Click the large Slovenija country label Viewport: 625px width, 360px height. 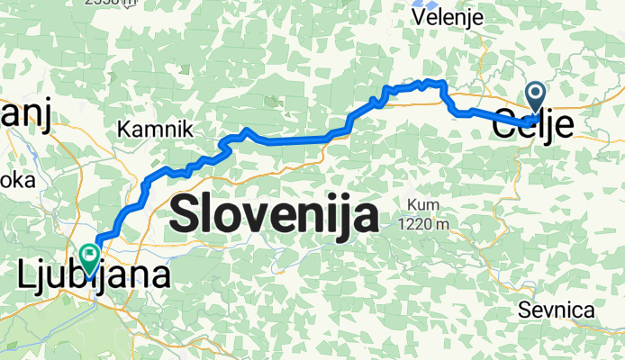274,215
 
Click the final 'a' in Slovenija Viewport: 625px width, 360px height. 364,216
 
